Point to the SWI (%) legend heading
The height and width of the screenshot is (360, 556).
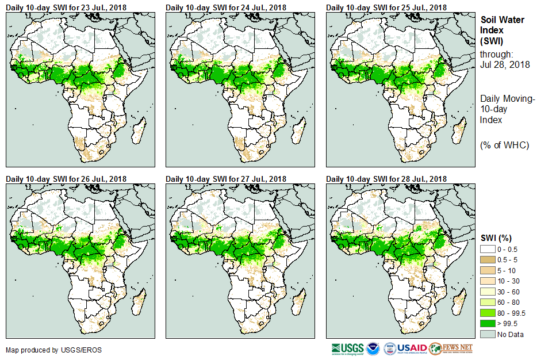coord(496,238)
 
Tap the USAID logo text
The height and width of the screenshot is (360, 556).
coord(412,348)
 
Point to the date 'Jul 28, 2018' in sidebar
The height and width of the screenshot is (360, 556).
coord(504,64)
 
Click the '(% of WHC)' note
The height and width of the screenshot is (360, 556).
coord(504,145)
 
